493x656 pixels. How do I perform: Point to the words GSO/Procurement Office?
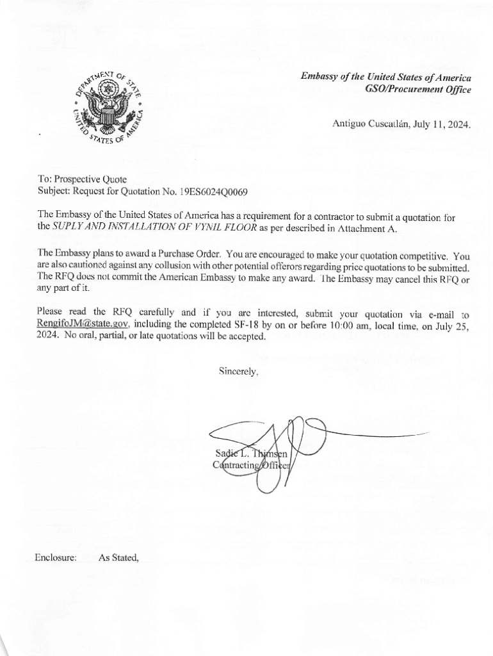pyautogui.click(x=417, y=90)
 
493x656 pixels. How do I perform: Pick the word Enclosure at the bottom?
pyautogui.click(x=56, y=557)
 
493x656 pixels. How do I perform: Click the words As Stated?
pyautogui.click(x=118, y=557)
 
